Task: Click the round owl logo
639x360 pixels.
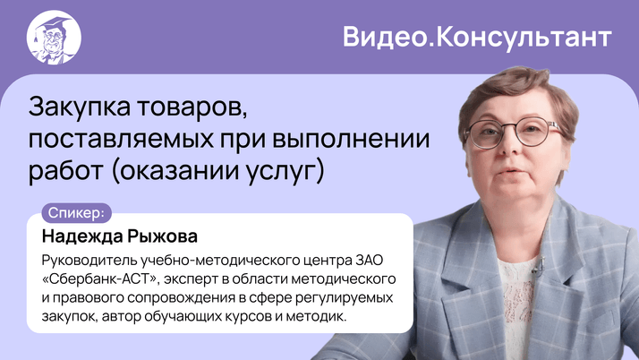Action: [54, 37]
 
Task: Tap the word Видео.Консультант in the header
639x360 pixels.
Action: [477, 37]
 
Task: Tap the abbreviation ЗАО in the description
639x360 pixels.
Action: [377, 261]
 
